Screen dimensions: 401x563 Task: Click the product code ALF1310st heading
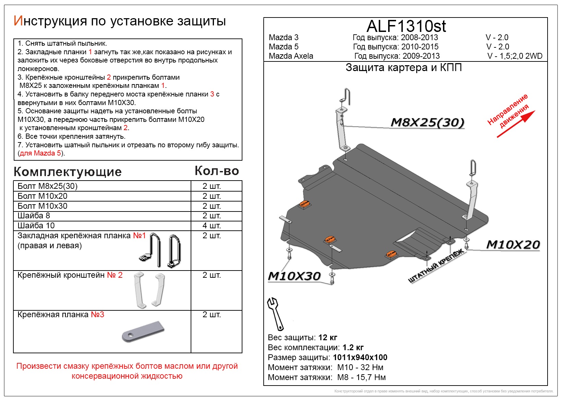click(406, 26)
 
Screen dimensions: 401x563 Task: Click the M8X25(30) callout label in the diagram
click(427, 122)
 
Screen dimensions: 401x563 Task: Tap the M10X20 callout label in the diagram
click(513, 244)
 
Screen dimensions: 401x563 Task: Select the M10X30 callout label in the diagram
click(294, 276)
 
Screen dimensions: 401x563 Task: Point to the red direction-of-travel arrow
click(516, 124)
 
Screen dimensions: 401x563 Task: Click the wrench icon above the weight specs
click(275, 313)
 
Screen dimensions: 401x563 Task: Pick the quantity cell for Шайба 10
click(212, 226)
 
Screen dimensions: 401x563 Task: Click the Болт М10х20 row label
click(43, 196)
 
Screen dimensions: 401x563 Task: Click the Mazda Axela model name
click(291, 56)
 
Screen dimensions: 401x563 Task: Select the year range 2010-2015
click(420, 47)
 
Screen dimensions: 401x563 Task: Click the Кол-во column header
click(217, 171)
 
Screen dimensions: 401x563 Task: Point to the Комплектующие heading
click(68, 172)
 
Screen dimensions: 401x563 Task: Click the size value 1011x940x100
click(360, 357)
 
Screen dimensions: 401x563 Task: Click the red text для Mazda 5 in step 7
click(40, 153)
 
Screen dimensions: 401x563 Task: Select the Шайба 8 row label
click(34, 216)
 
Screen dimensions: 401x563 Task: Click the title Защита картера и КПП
click(404, 68)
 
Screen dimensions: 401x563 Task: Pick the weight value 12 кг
click(328, 337)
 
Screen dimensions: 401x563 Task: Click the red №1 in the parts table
click(139, 236)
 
